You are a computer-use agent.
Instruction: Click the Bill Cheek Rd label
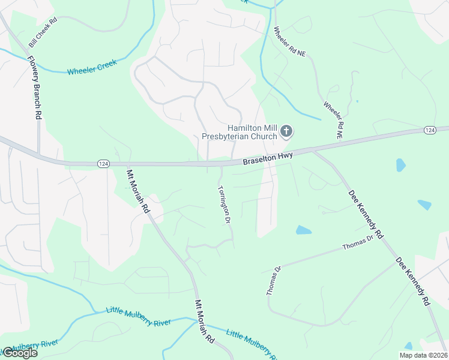(x=43, y=33)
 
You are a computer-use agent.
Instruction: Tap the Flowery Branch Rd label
(x=34, y=87)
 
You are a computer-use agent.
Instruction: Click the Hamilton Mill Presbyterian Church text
(x=252, y=132)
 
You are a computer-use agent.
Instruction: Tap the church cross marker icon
(x=287, y=131)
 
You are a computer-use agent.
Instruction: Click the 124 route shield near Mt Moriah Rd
(x=103, y=164)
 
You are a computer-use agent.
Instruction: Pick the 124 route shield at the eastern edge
(x=429, y=130)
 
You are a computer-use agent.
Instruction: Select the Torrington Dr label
(x=223, y=204)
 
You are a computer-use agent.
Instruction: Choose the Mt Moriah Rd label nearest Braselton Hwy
(x=137, y=191)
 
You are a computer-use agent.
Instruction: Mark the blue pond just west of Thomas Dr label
(x=304, y=230)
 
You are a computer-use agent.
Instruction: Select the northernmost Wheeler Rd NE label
(x=289, y=41)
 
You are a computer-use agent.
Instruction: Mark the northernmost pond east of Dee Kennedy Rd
(x=400, y=165)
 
